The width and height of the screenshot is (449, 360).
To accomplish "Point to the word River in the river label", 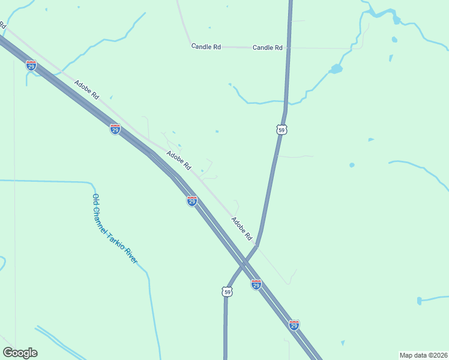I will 131,256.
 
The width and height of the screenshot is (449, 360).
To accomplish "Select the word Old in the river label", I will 95,199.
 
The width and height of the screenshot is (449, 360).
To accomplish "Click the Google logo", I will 20,353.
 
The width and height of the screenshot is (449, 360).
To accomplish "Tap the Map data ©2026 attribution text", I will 423,355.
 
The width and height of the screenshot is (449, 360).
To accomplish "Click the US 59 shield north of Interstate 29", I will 282,130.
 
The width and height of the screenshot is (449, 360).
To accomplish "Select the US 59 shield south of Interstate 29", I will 226,292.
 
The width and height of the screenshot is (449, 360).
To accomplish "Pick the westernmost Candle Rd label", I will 206,46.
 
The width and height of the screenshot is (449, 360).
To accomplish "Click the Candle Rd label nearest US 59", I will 268,47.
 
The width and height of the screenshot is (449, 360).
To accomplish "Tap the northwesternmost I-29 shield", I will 31,65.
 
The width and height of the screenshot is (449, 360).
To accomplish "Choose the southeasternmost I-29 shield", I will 294,325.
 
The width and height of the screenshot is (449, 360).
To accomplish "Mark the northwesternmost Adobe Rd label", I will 86,90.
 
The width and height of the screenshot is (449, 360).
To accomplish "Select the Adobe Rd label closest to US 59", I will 242,229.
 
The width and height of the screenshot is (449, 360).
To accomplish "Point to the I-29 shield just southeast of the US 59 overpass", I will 256,284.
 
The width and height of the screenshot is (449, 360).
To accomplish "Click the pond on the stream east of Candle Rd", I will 336,69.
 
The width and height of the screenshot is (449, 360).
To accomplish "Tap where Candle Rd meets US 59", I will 288,47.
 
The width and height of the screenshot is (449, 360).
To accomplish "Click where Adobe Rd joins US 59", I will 256,245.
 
